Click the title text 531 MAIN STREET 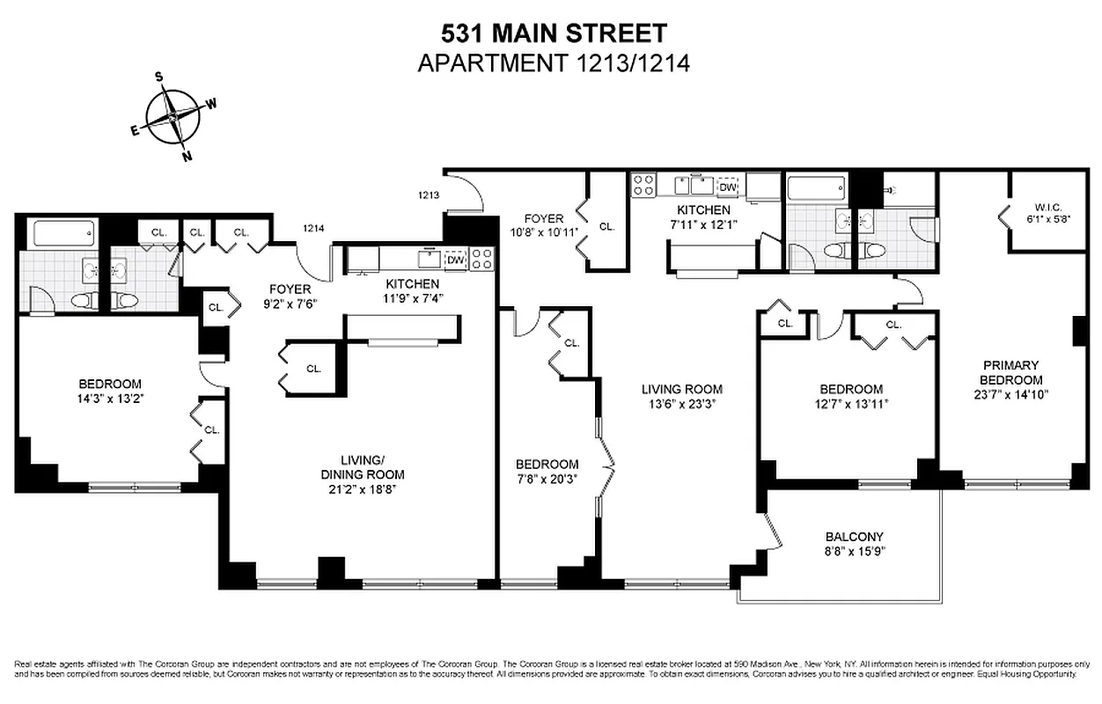[x=553, y=34]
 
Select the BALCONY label [x=854, y=537]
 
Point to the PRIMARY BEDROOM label [x=1012, y=372]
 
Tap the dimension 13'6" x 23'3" [x=681, y=405]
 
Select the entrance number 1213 [x=429, y=195]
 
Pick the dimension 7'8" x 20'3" [x=547, y=480]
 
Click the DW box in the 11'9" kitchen [x=455, y=260]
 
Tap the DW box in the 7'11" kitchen [x=727, y=187]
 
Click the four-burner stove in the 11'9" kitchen [x=482, y=258]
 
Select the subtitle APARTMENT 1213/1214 [x=553, y=63]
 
